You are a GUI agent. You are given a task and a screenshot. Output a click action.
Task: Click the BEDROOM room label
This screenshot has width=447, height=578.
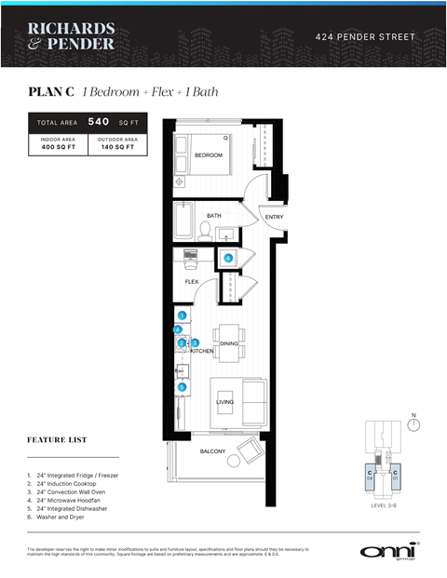pos(209,155)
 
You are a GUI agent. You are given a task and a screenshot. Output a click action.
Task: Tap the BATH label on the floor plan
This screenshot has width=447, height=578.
pos(213,215)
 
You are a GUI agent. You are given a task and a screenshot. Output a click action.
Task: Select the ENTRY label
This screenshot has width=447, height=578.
pos(274,217)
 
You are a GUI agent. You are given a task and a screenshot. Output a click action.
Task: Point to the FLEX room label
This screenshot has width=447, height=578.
pos(191,281)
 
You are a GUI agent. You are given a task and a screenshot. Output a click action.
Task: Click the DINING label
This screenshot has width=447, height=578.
pos(229,343)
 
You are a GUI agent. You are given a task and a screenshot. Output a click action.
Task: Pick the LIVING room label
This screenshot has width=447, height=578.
pos(224,402)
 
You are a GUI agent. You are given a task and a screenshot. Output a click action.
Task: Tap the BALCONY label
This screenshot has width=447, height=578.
pos(212,451)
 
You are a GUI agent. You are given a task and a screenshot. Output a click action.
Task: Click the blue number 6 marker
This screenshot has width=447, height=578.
pos(228,258)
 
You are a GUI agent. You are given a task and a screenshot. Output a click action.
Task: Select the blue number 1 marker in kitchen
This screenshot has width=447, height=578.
pos(183,316)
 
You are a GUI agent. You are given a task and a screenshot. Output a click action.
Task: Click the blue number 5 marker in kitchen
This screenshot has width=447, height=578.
pos(183,386)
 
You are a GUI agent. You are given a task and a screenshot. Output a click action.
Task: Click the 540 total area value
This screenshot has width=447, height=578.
pos(99,121)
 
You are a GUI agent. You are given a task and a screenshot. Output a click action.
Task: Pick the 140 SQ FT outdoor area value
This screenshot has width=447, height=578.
pos(117,146)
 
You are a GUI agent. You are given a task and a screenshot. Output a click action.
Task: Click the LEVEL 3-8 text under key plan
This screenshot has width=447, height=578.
pos(383,506)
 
